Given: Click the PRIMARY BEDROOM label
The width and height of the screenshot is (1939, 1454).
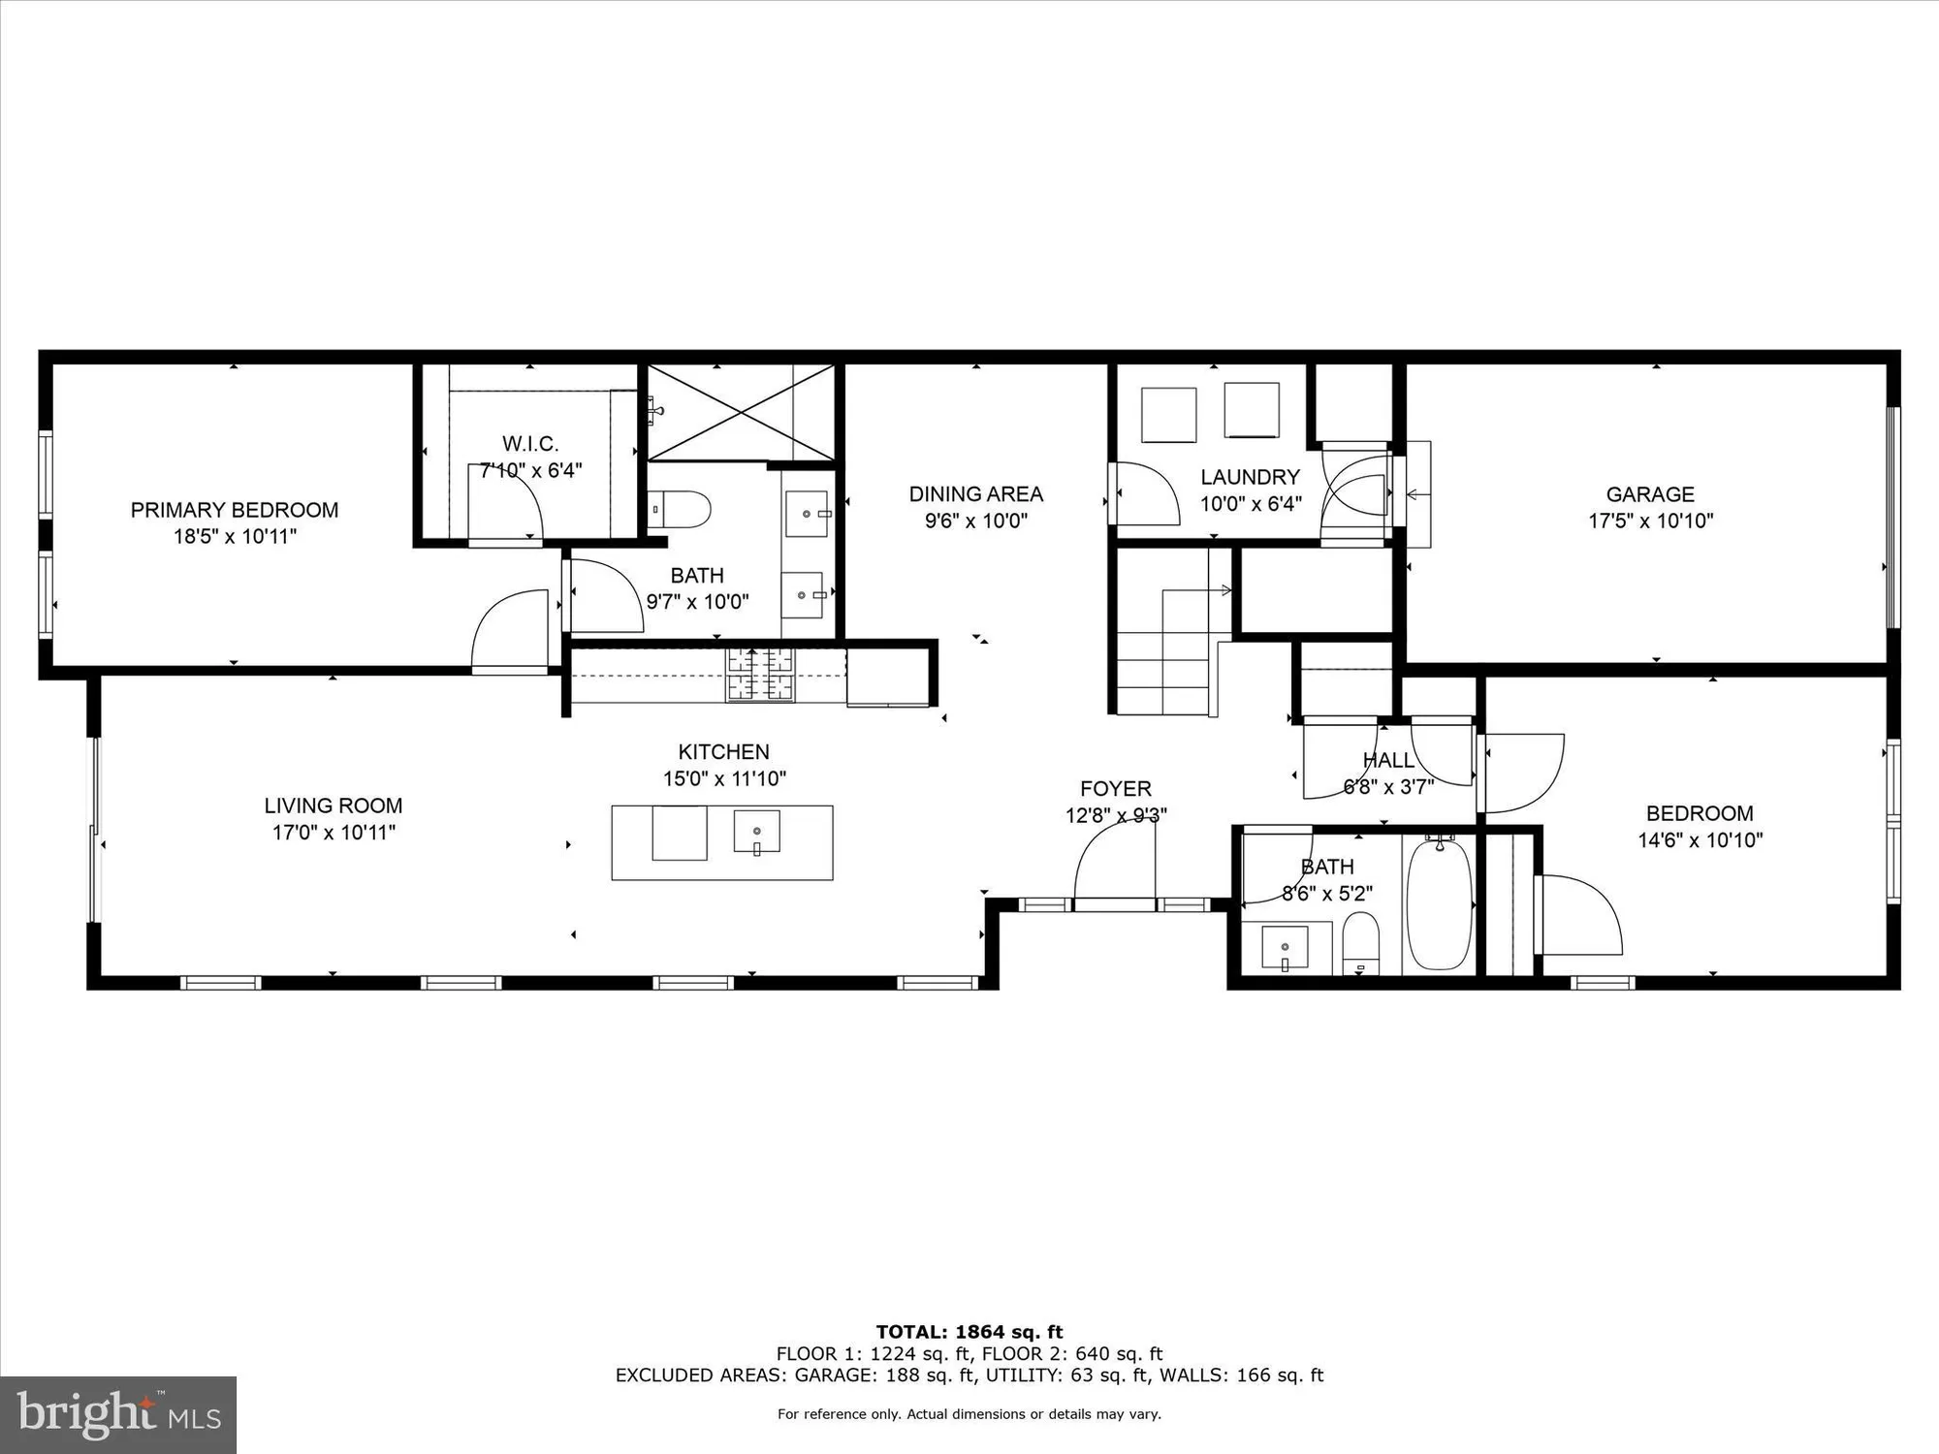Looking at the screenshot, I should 235,510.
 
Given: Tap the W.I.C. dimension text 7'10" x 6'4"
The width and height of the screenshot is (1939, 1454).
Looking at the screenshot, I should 530,471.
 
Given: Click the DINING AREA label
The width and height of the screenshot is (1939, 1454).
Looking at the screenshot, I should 975,494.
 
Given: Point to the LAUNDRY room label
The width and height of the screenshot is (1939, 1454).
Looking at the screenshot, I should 1250,477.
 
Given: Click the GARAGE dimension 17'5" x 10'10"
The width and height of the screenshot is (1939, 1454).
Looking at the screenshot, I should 1650,521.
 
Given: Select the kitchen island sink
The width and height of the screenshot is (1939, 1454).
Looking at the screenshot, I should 756,833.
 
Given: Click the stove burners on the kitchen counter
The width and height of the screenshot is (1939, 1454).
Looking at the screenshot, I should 760,673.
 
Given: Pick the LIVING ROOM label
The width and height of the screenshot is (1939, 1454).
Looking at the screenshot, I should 333,806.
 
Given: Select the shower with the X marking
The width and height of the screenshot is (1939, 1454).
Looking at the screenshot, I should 741,412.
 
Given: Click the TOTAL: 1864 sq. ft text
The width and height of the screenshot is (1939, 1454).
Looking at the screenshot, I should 969,1332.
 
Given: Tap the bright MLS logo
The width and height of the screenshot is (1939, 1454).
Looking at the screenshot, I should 117,1414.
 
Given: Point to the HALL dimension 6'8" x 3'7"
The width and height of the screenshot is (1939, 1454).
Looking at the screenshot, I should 1387,787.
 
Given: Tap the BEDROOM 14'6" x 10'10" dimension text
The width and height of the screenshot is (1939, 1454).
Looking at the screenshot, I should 1700,840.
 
